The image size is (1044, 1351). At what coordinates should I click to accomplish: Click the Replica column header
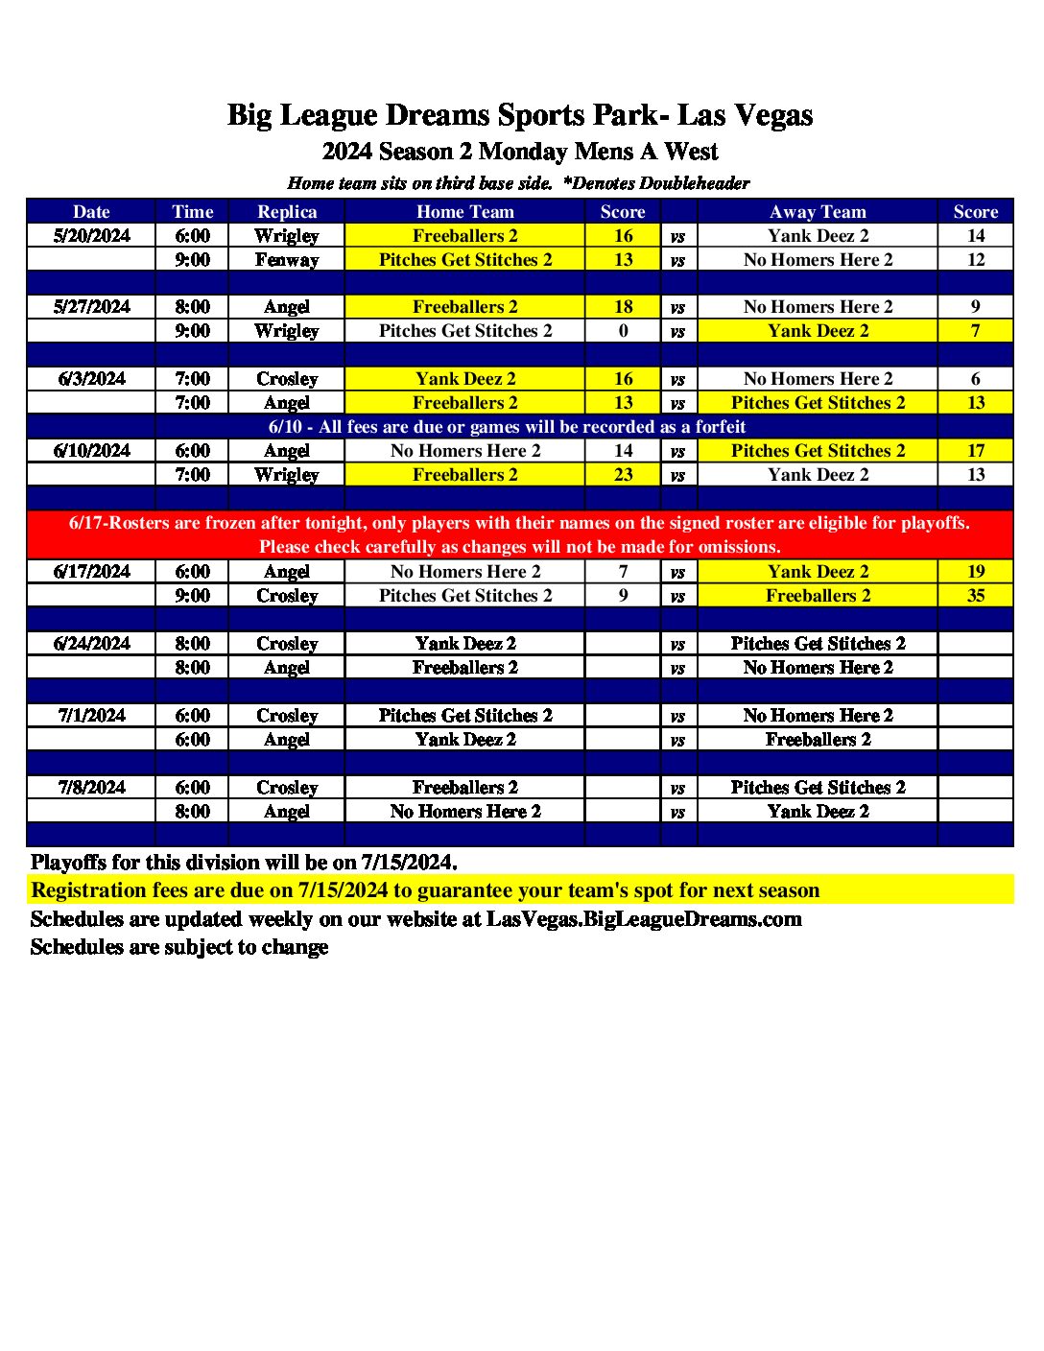tap(287, 212)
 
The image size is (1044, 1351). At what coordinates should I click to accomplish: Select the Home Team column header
tap(465, 212)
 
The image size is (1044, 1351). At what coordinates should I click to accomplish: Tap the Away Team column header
tap(818, 212)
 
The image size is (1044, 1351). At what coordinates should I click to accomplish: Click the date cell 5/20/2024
tap(92, 236)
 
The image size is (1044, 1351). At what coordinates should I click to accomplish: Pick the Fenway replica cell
tap(287, 260)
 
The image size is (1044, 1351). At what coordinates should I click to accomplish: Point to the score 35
tap(976, 596)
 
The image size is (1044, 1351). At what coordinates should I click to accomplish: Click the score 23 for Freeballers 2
tap(624, 475)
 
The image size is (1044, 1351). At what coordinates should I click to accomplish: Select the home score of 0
tap(624, 331)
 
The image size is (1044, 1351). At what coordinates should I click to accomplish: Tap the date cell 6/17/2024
tap(92, 572)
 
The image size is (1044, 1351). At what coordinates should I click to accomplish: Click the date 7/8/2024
tap(92, 788)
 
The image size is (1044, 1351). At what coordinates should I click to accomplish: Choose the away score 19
tap(976, 572)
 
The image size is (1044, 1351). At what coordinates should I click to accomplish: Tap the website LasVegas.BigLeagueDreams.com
tap(644, 919)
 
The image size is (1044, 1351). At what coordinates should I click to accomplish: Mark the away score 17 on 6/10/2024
tap(976, 451)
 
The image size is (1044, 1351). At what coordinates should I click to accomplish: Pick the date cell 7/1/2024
tap(92, 716)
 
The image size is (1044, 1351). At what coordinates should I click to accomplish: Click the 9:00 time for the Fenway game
tap(192, 260)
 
